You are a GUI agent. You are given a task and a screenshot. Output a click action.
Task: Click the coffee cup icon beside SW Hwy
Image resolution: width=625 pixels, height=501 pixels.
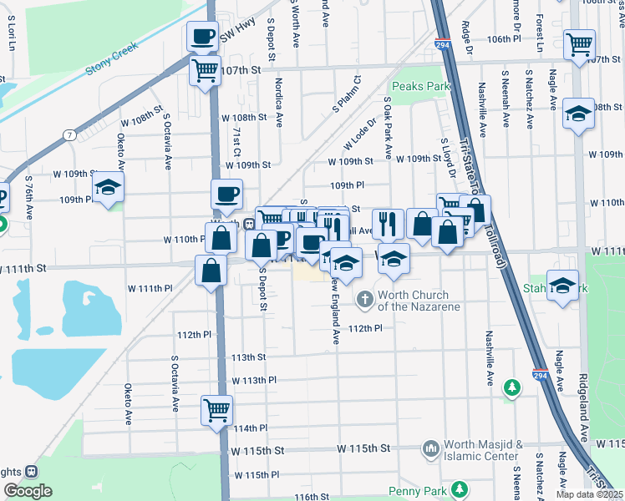201,37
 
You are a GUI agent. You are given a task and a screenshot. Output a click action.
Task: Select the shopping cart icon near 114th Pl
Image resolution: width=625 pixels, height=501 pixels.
216,410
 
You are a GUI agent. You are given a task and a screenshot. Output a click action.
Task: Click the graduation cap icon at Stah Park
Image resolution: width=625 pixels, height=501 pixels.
563,286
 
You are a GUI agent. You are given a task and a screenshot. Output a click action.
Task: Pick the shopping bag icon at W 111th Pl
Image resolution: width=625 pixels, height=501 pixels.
211,270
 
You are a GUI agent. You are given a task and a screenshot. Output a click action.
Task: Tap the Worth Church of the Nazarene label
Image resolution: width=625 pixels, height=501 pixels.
412,301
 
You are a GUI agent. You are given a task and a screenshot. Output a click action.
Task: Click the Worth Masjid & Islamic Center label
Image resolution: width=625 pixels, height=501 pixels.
483,449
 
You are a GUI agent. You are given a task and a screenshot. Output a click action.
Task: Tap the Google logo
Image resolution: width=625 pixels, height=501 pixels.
28,491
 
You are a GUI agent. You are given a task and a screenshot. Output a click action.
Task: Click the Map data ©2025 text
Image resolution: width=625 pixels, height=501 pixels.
590,494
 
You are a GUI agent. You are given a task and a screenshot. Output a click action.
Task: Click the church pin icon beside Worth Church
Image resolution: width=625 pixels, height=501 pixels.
364,298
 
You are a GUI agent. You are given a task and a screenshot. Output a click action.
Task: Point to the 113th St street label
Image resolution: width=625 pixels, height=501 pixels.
248,357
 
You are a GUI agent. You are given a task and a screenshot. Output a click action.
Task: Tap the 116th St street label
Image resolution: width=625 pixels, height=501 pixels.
312,497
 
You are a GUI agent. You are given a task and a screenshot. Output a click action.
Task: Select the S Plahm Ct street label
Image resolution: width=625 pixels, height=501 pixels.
346,94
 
